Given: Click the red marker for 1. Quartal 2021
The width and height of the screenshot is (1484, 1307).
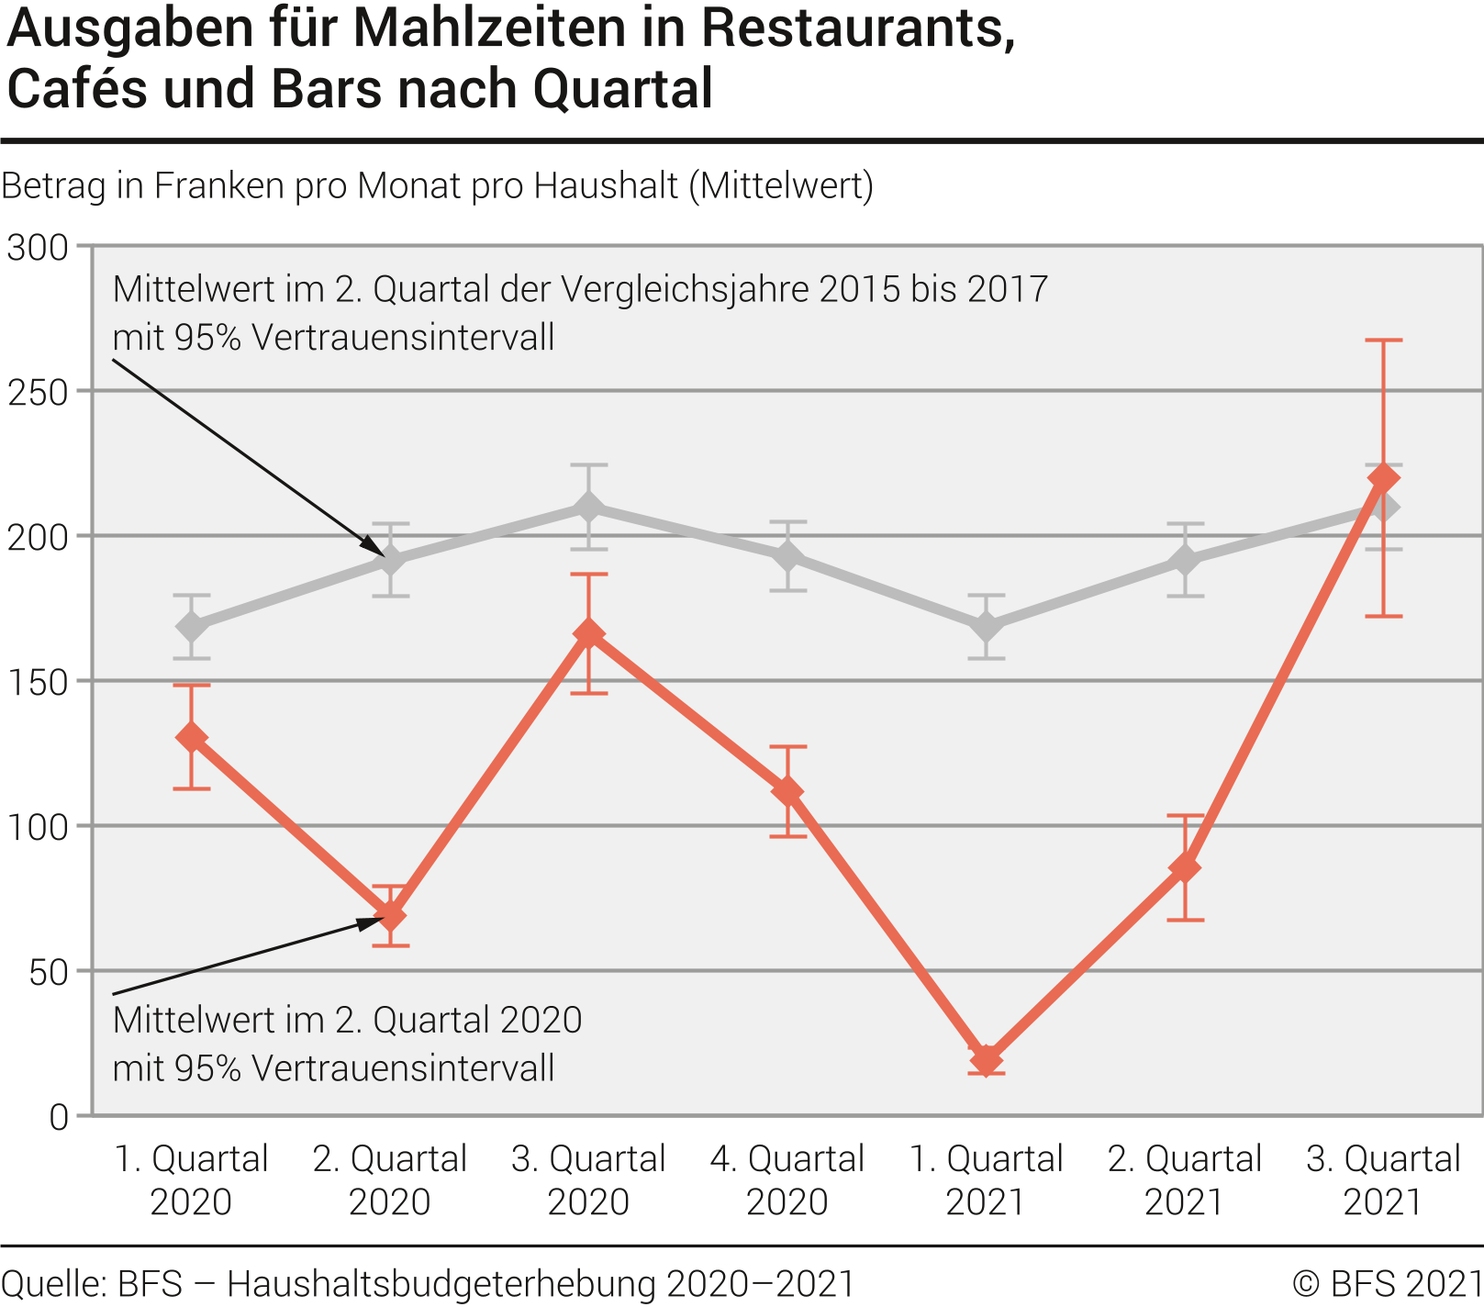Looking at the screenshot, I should tap(986, 1060).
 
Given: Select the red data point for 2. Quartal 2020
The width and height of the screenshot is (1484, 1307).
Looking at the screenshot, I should tap(390, 915).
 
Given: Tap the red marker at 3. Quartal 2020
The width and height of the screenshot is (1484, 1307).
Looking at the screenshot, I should tap(588, 633).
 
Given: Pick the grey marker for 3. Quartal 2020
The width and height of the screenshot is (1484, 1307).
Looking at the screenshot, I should tap(588, 508).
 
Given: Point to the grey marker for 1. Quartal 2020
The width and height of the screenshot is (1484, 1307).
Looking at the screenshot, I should tap(191, 627).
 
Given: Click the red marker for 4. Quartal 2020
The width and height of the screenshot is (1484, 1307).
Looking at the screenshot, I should tap(787, 791).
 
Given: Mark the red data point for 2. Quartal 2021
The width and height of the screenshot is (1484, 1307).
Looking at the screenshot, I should tap(1185, 866).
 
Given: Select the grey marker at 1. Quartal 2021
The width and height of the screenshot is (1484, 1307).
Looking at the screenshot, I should tap(986, 627).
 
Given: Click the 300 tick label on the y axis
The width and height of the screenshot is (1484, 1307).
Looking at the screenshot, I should tap(38, 247).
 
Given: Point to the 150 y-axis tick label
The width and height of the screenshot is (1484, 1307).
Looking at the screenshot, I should tap(38, 682).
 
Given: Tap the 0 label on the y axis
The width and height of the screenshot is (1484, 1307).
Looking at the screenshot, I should tap(59, 1117).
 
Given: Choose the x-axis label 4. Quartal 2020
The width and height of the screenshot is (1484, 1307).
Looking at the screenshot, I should tap(787, 1179).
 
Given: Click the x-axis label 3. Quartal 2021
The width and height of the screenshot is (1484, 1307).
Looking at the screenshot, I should tap(1383, 1179).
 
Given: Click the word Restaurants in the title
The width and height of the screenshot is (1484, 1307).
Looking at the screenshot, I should tap(858, 29).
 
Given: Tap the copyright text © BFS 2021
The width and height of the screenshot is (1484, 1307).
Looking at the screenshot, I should tap(1387, 1283).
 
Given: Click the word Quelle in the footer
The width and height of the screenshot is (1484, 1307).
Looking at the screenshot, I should tap(53, 1283).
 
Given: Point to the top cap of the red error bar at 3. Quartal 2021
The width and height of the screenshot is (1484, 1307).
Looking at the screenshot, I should tap(1383, 341).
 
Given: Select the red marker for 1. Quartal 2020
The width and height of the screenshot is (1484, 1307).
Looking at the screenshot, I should tap(191, 737).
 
